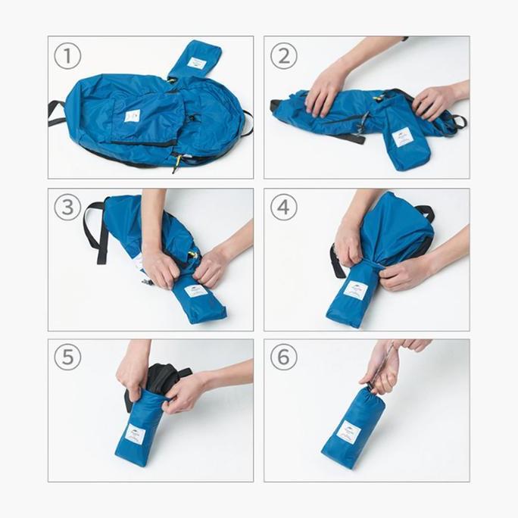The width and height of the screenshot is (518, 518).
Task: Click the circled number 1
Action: click(67, 55)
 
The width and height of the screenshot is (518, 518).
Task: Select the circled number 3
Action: click(67, 207)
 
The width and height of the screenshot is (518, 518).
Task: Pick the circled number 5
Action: click(67, 357)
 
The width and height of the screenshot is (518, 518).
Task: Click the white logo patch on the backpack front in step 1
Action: click(132, 116)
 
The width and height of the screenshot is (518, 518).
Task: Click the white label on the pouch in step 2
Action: click(402, 137)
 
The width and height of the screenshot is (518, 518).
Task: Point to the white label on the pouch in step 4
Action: click(354, 290)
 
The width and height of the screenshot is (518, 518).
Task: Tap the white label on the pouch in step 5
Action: click(135, 435)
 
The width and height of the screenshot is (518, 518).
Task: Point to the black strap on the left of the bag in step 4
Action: click(334, 261)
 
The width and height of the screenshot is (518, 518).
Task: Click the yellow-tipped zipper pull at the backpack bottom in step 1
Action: click(177, 160)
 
